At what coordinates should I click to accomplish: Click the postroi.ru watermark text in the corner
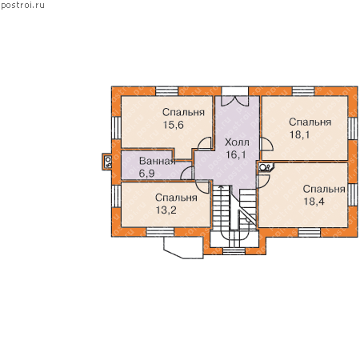(22, 6)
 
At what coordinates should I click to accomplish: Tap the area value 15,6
(174, 125)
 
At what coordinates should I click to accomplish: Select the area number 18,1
(300, 134)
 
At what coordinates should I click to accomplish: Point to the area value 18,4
(314, 202)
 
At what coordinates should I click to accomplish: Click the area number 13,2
(166, 210)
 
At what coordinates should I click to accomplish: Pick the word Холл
(237, 142)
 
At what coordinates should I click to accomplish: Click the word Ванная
(158, 161)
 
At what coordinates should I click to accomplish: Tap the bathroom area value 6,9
(146, 174)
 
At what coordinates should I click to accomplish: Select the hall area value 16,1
(236, 154)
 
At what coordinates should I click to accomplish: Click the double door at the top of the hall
(235, 101)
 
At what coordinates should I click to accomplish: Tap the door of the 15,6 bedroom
(205, 143)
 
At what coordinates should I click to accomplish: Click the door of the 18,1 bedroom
(266, 144)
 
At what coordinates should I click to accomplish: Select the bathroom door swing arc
(186, 173)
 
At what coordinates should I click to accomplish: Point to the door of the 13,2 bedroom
(202, 186)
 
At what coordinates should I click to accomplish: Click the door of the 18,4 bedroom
(263, 181)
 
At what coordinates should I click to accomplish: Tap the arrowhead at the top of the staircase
(221, 187)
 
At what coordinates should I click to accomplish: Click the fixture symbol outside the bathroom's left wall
(107, 162)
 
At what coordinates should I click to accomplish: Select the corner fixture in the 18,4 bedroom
(266, 167)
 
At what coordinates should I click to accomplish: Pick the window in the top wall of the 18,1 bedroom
(303, 91)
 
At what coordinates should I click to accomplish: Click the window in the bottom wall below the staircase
(234, 251)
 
